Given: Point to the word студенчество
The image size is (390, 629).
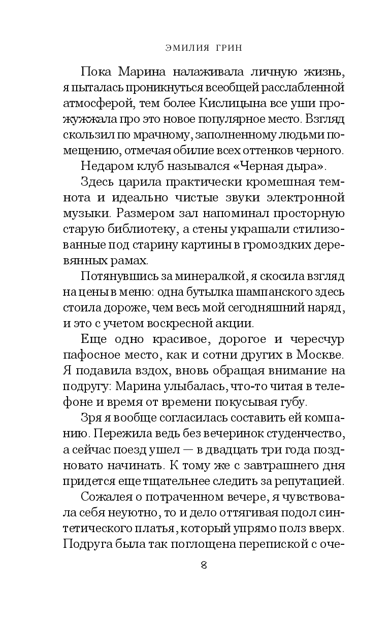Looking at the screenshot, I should (305, 440).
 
